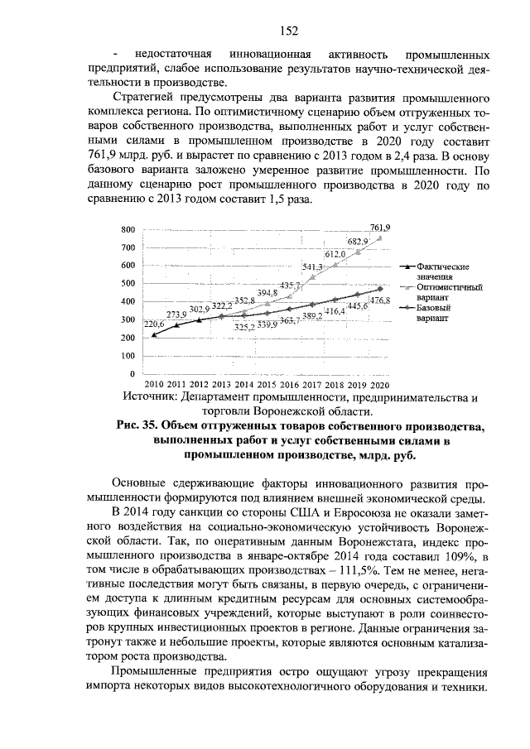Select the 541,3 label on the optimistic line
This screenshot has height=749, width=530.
tap(312, 266)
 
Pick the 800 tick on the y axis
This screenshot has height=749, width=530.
tap(128, 229)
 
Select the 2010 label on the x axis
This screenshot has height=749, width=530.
tap(154, 386)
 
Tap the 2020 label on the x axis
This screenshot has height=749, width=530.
tap(380, 386)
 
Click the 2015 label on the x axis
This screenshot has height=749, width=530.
tap(267, 386)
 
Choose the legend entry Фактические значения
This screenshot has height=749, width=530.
tap(442, 271)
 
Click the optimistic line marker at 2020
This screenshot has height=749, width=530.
tap(380, 238)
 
